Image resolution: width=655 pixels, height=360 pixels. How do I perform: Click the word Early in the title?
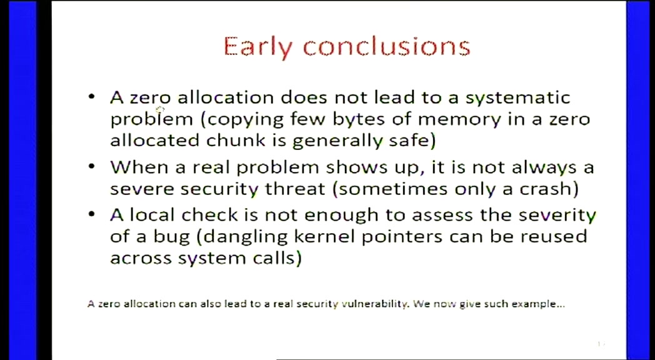[259, 46]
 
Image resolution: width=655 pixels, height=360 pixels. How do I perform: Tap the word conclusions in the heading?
[386, 46]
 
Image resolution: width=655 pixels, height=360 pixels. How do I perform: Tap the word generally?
[336, 141]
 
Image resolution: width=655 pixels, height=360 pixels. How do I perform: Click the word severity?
[557, 216]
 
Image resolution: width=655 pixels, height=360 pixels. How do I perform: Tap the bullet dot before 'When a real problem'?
[92, 167]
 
